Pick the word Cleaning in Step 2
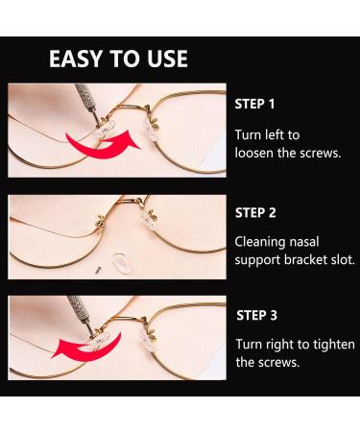point(263,240)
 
